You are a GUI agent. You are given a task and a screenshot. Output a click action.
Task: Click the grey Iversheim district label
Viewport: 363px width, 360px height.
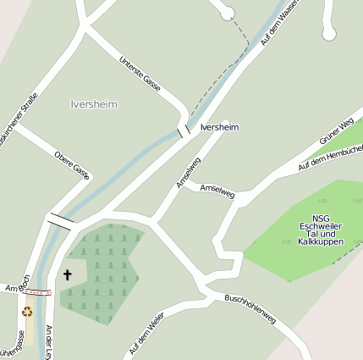94,104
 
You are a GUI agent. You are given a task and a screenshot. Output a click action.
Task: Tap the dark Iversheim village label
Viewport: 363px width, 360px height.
220,127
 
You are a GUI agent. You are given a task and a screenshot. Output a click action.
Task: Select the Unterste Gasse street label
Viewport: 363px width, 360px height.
140,74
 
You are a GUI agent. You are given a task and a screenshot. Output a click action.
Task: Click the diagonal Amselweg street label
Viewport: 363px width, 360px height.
188,172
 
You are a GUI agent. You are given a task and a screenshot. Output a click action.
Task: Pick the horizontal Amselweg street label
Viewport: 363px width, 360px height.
217,191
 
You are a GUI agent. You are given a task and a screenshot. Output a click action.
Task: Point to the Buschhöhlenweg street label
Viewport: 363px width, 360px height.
250,311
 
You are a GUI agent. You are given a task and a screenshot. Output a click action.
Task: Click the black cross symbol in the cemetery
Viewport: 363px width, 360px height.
68,274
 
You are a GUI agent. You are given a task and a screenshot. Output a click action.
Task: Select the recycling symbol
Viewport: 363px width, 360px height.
26,311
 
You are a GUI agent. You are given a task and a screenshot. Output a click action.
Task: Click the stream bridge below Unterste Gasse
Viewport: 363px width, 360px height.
184,131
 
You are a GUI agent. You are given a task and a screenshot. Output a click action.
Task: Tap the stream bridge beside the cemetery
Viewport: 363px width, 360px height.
61,222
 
